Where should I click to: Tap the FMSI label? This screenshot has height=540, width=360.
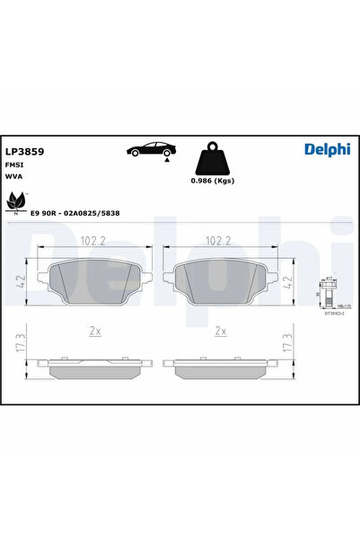click(x=14, y=165)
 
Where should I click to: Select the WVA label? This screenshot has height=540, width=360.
click(x=14, y=177)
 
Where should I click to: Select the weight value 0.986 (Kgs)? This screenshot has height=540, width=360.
click(x=214, y=182)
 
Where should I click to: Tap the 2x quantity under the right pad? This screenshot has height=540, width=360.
click(x=219, y=331)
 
